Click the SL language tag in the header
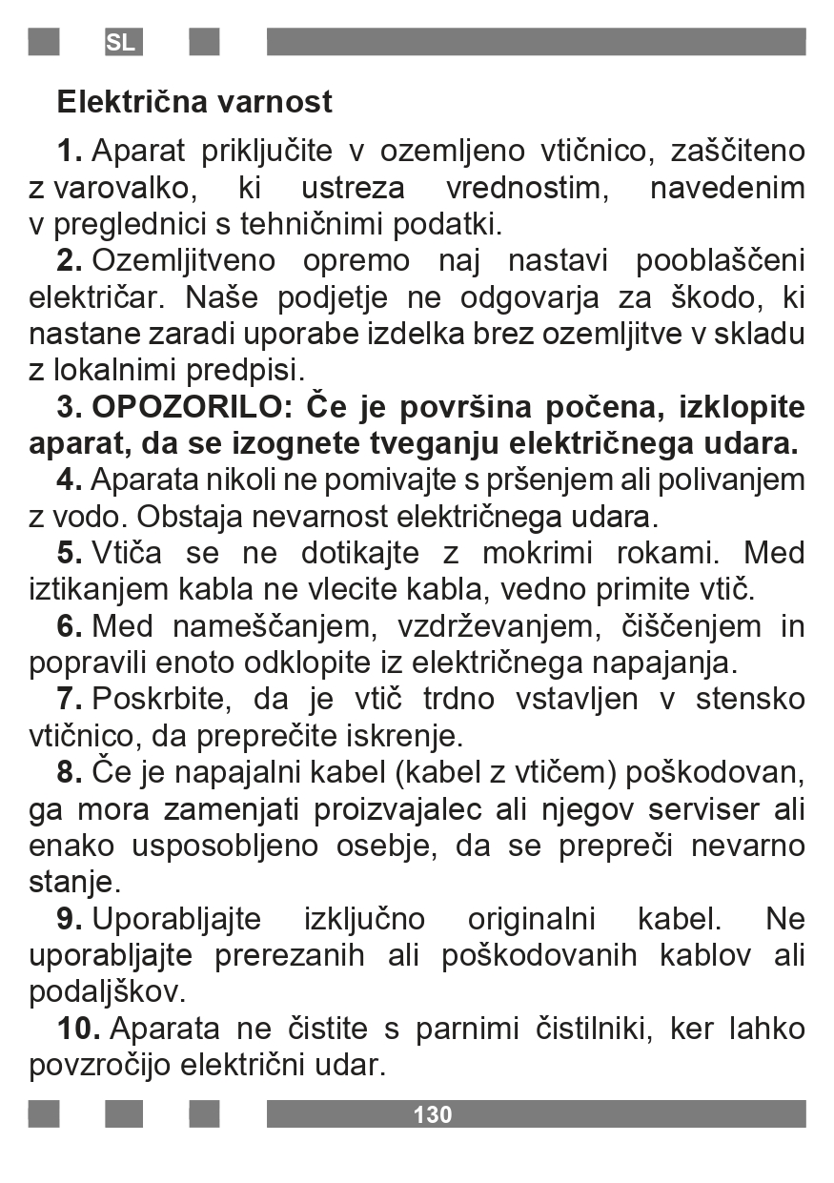coord(121,43)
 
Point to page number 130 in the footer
coord(433,1114)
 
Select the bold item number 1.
coord(70,151)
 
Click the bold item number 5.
coord(70,553)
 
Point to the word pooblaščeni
coord(721,260)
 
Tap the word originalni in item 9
coord(531,919)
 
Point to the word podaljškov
coord(107,992)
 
